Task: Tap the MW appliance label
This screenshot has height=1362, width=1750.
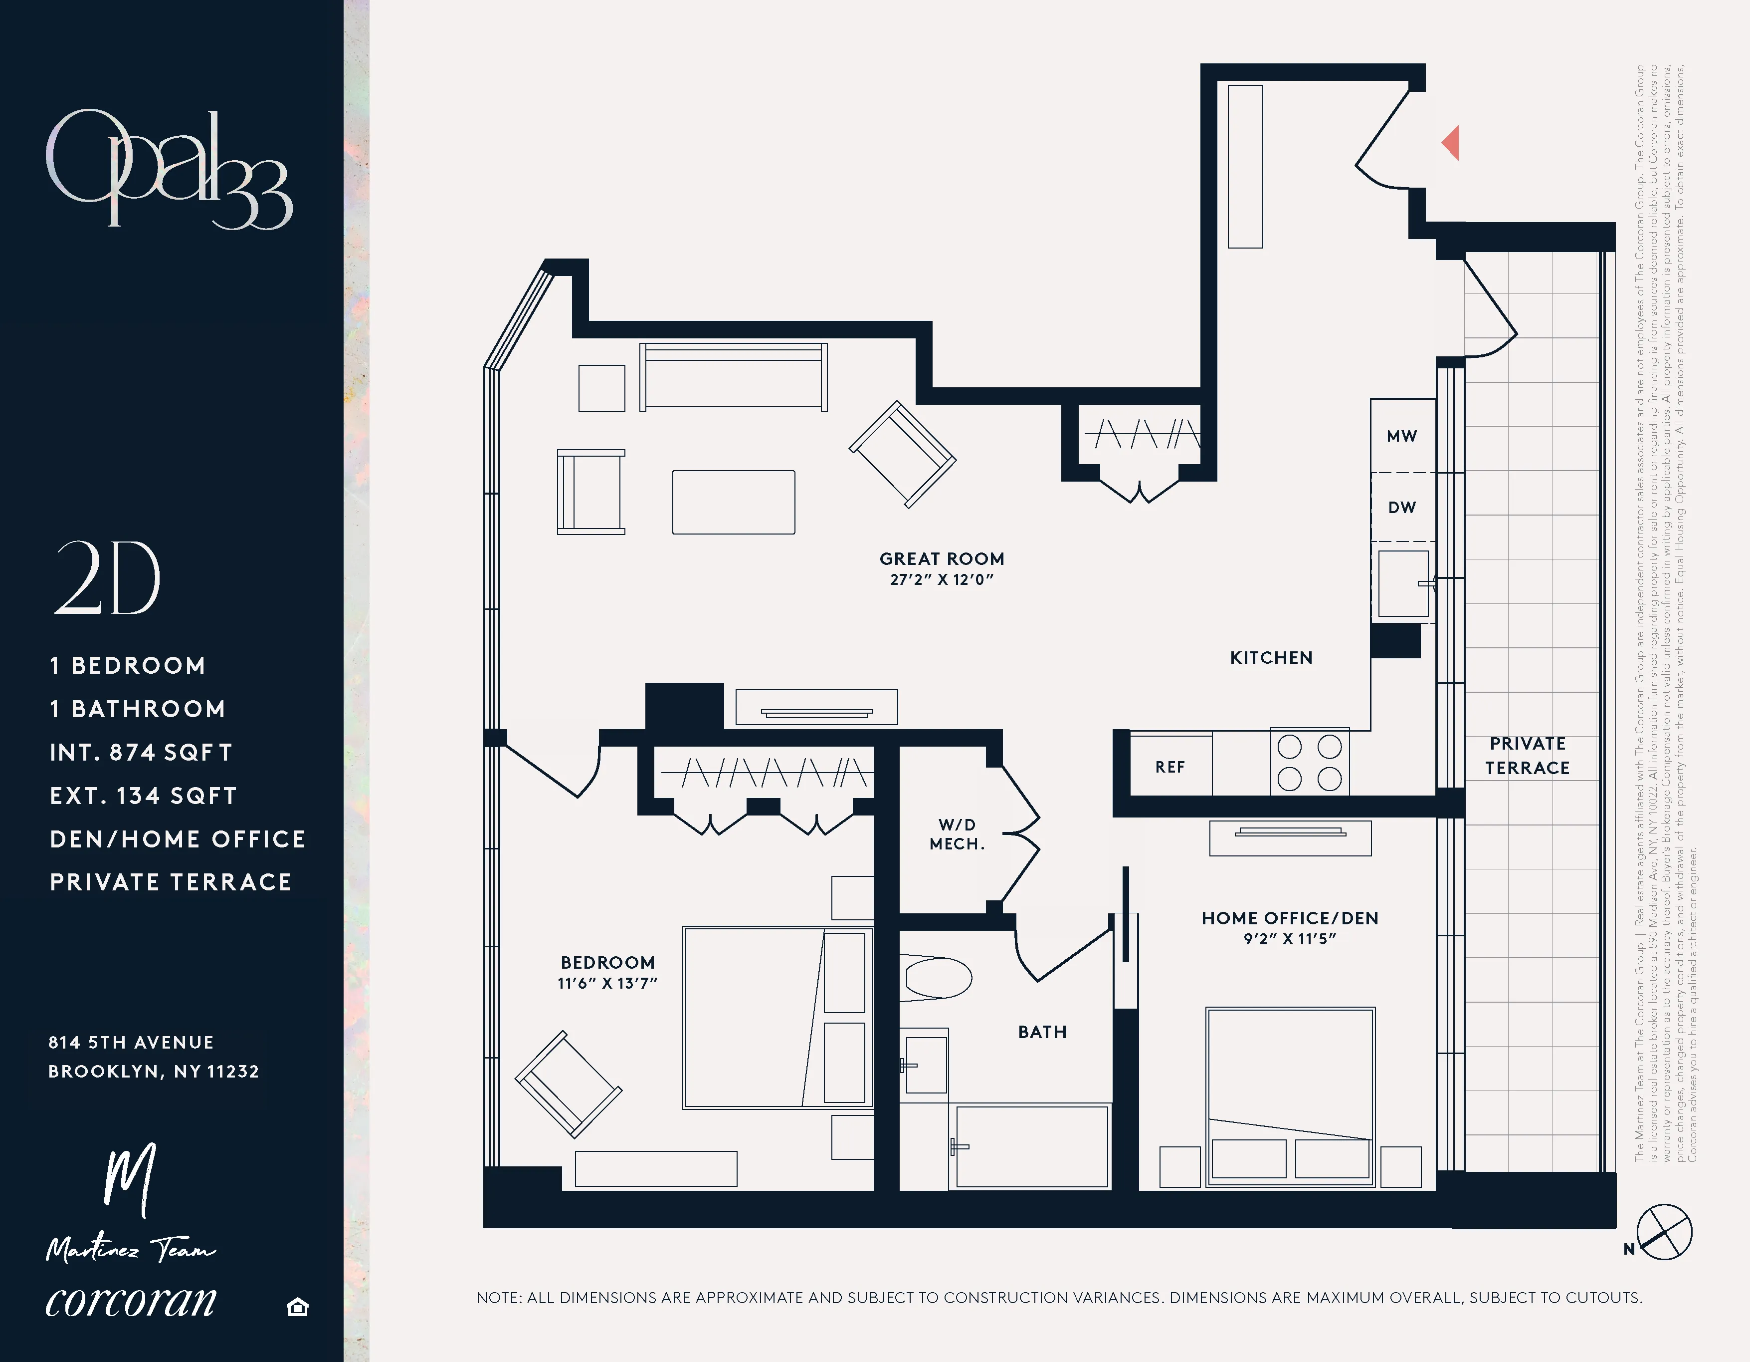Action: pyautogui.click(x=1401, y=436)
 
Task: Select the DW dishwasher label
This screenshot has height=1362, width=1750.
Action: pyautogui.click(x=1401, y=508)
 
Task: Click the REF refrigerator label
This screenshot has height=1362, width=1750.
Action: pyautogui.click(x=1170, y=767)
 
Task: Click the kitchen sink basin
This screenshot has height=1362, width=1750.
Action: pyautogui.click(x=1402, y=583)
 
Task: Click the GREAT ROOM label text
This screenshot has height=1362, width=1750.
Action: pyautogui.click(x=942, y=559)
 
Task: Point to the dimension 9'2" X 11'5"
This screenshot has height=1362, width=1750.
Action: pyautogui.click(x=1289, y=939)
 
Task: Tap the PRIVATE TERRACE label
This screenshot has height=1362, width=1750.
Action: pyautogui.click(x=1527, y=756)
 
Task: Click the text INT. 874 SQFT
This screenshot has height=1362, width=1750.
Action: pyautogui.click(x=141, y=753)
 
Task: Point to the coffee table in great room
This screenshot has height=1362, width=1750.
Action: pyautogui.click(x=733, y=502)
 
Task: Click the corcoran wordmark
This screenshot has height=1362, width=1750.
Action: pyautogui.click(x=131, y=1301)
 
